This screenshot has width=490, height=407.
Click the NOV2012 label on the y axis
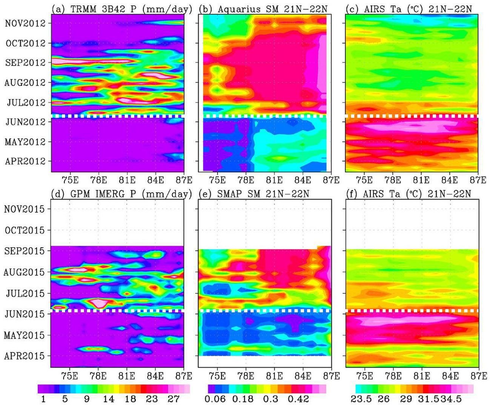coord(25,23)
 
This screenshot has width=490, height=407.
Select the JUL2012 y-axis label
coord(25,103)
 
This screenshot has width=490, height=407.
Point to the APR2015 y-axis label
coord(25,356)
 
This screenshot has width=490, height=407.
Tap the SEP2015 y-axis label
coord(25,251)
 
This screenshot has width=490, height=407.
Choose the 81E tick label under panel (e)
coord(275,376)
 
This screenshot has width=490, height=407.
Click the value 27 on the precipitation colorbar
coord(172,399)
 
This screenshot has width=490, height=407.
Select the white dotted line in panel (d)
coord(117,310)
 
